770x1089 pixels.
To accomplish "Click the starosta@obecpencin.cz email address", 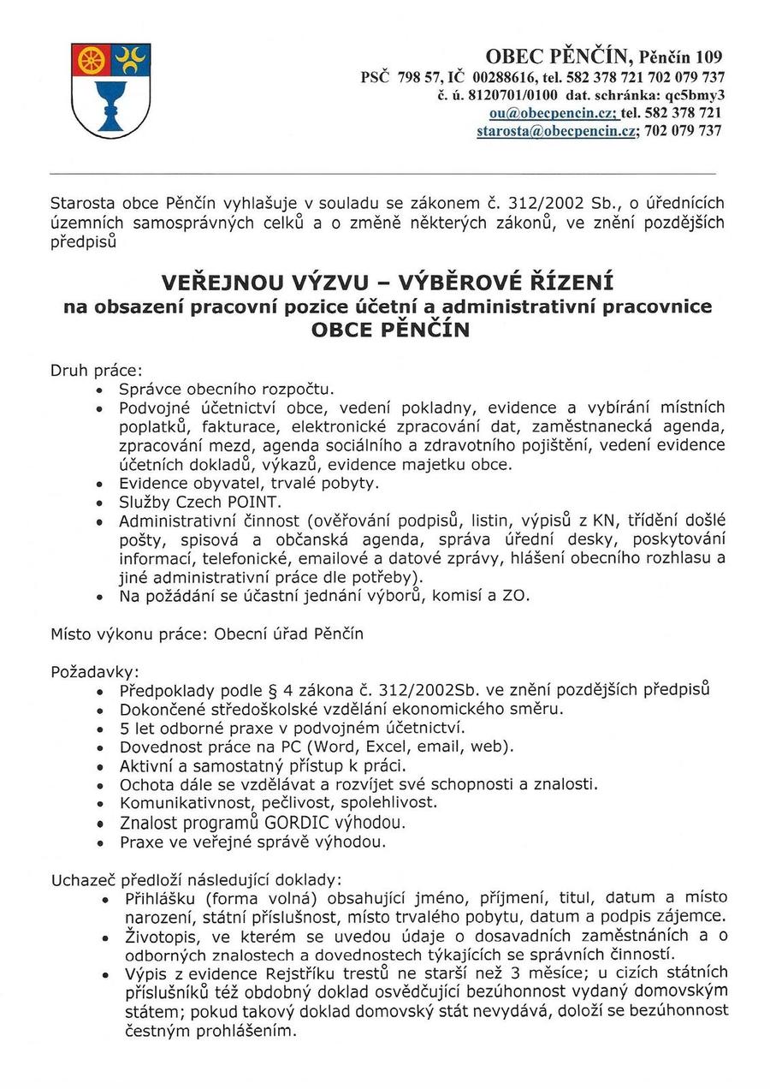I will pos(555,131).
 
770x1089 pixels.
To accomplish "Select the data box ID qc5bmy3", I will pos(693,94).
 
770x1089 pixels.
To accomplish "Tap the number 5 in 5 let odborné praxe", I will pos(125,728).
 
